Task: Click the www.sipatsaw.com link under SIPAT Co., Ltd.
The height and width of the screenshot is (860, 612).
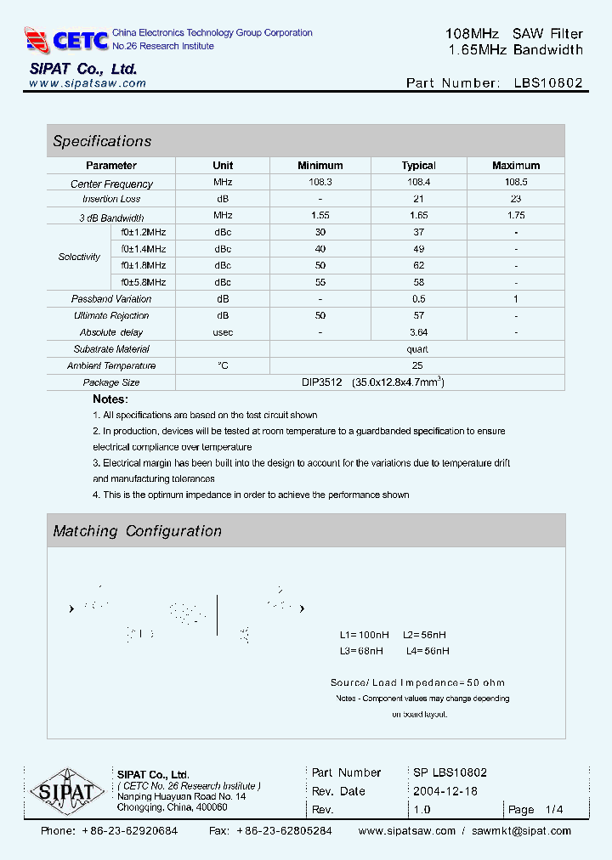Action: coord(88,83)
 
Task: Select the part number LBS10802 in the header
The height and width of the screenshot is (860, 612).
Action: coord(548,83)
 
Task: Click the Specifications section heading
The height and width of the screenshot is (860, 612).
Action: coord(102,141)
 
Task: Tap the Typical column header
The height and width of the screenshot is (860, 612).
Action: coord(418,166)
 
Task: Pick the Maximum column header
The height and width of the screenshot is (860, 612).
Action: coord(516,166)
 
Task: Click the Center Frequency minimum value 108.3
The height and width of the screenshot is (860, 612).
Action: coord(320,183)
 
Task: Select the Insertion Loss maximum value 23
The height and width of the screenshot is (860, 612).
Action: coord(516,199)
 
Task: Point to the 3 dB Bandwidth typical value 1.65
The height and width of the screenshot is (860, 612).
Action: coord(418,216)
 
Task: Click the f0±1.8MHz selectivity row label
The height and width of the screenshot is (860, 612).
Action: coord(144,265)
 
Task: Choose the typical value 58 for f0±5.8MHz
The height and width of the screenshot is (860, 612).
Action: coord(418,282)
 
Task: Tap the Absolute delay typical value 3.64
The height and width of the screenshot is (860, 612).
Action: coord(418,332)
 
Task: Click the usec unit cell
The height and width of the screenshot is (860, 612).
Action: coord(223,332)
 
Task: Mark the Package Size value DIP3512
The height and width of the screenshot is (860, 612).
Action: coord(319,382)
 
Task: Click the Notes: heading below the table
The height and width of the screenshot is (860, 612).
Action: coord(110,399)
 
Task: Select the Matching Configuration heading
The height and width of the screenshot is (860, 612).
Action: coord(137,531)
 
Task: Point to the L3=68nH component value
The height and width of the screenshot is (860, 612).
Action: coord(361,651)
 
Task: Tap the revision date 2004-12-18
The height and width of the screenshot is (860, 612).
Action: coord(445,791)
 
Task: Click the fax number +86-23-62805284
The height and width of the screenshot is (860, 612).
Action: coord(284,831)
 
